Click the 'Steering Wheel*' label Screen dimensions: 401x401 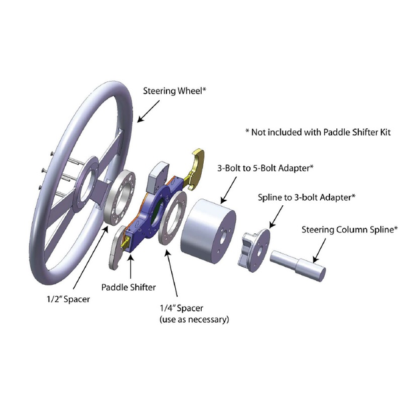(x=174, y=91)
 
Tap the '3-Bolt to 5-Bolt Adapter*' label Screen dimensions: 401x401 (x=265, y=168)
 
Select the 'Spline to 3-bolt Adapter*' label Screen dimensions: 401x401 (x=306, y=197)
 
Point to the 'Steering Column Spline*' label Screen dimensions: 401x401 (x=350, y=229)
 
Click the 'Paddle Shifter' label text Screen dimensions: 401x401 (x=128, y=287)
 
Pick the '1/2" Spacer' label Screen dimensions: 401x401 (x=68, y=299)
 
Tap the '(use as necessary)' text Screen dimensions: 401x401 (x=194, y=319)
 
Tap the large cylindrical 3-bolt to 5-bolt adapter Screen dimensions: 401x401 (x=208, y=232)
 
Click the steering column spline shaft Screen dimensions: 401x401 (x=298, y=266)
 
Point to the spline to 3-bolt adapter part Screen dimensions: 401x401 (x=254, y=250)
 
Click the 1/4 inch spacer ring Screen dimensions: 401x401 (x=172, y=217)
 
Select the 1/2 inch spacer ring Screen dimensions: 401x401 (x=120, y=197)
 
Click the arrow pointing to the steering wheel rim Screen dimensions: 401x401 (x=148, y=111)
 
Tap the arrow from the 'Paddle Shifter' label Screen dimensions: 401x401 (x=130, y=267)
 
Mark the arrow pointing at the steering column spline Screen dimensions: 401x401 (x=319, y=251)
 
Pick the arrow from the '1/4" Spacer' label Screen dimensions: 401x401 (x=172, y=273)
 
